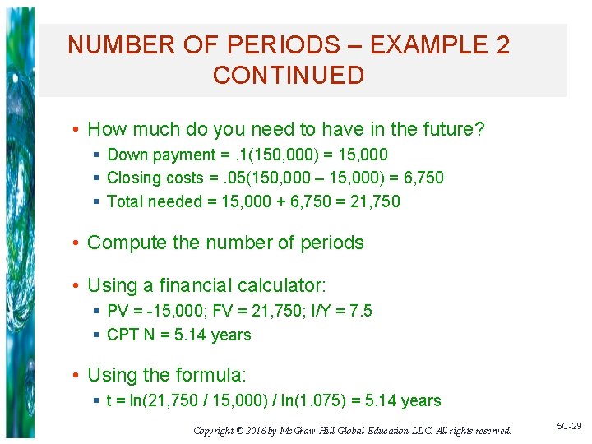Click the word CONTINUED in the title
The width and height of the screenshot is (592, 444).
(288, 76)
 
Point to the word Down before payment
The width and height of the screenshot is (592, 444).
(126, 155)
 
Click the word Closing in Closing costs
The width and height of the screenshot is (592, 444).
(134, 178)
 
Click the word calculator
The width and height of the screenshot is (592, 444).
(281, 286)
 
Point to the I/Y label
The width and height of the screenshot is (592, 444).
(317, 311)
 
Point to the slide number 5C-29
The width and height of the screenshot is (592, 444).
(569, 426)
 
